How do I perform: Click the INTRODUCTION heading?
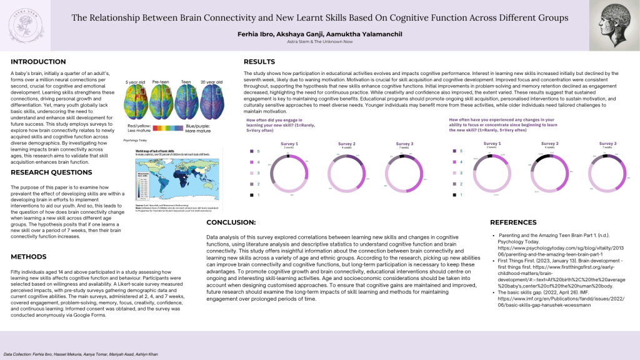(x=38, y=62)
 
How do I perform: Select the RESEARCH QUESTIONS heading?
(x=51, y=172)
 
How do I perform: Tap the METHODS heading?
(x=29, y=257)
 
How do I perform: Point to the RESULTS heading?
(x=259, y=62)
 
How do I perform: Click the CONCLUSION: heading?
(x=231, y=222)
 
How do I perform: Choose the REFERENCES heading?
(x=513, y=222)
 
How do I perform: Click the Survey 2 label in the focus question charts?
(x=550, y=143)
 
